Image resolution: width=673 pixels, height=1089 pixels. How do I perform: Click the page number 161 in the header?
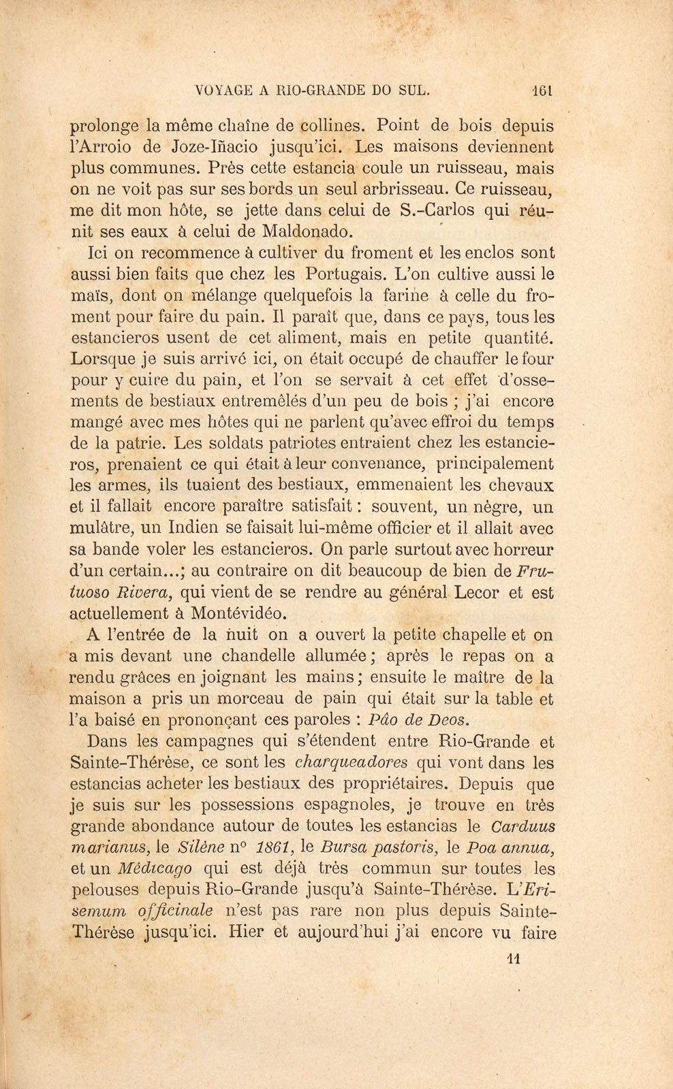click(x=542, y=88)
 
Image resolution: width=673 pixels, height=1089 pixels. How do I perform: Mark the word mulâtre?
click(x=102, y=528)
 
